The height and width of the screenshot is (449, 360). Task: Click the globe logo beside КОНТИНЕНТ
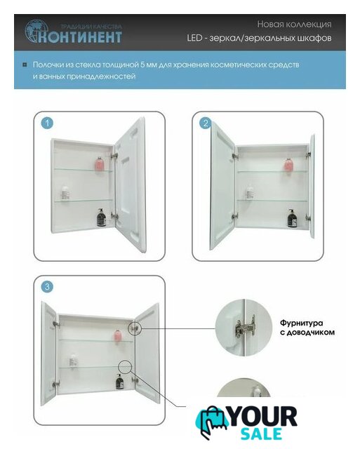point(35,31)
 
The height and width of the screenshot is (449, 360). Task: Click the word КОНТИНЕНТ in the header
point(80,37)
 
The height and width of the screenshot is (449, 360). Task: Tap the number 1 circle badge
point(47,123)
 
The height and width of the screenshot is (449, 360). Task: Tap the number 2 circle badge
point(206,123)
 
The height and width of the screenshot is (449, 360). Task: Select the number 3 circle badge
point(47,287)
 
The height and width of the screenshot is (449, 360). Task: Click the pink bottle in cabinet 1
point(99,163)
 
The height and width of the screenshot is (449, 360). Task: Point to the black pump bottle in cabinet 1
point(101,217)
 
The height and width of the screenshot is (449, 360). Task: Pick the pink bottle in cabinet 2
point(288,165)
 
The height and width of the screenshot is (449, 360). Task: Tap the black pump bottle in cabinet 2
point(292,218)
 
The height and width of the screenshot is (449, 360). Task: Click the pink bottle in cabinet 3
point(117,335)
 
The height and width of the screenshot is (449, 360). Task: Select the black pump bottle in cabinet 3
point(120,382)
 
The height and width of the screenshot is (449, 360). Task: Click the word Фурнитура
point(301,323)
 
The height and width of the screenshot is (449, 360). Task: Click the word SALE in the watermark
point(260,434)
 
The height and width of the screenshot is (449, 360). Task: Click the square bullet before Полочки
point(25,65)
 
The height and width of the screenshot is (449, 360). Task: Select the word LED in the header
point(194,38)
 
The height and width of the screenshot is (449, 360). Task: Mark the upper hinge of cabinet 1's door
point(114,156)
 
